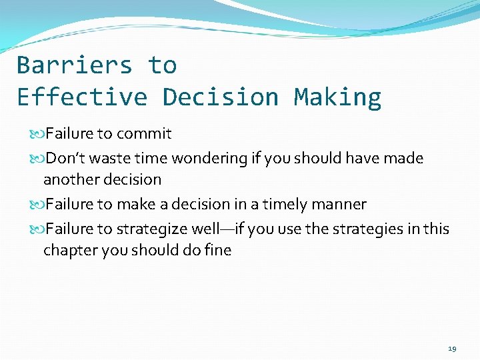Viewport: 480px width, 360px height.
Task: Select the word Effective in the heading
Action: (81, 97)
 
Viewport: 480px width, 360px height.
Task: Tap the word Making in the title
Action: (337, 97)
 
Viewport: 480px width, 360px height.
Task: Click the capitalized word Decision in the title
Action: (220, 97)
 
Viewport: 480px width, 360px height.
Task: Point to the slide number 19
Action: (452, 349)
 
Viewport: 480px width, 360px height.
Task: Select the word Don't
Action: (66, 158)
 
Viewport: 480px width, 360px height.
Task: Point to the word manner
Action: (343, 204)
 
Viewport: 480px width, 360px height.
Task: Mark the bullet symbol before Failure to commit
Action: (39, 134)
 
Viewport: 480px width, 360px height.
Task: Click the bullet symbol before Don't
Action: (39, 159)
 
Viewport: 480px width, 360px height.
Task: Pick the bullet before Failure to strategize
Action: (39, 229)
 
